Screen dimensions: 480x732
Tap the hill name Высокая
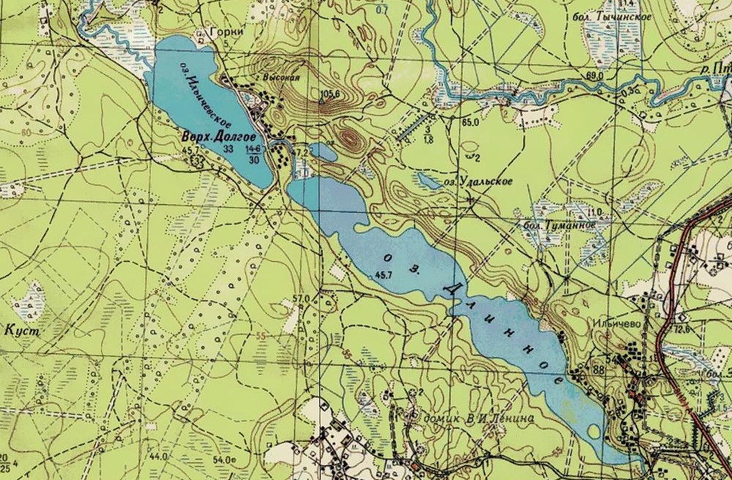pos(281,76)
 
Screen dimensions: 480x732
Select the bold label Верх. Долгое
pos(219,137)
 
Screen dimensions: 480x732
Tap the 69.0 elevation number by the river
pos(594,75)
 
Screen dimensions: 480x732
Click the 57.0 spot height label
pos(301,298)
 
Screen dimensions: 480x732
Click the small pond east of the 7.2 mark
pos(323,152)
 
